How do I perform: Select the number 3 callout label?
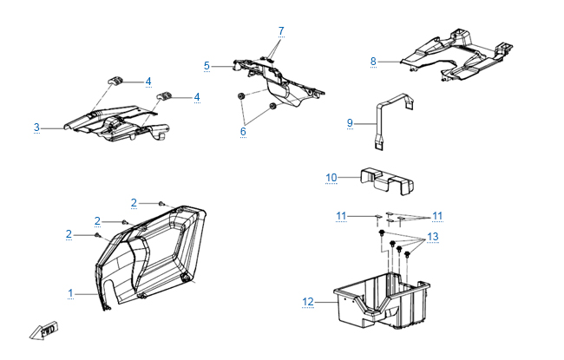tap(36, 128)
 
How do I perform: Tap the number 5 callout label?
tap(207, 65)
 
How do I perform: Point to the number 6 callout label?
tap(243, 131)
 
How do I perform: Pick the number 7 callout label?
tap(280, 31)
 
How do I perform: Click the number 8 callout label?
tap(373, 62)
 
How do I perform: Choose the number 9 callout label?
tap(350, 123)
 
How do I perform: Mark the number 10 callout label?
tap(331, 178)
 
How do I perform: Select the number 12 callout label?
tap(307, 302)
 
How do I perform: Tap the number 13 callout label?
tap(433, 237)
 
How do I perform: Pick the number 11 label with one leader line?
tap(342, 214)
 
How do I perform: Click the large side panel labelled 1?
tap(148, 256)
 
